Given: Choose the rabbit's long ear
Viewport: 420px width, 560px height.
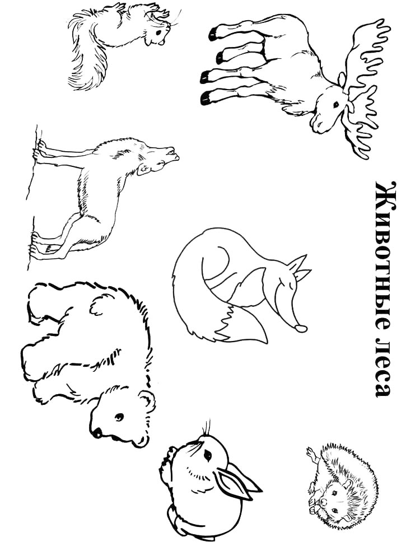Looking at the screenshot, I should pos(235,482).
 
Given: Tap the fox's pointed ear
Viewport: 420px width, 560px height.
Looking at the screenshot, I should pos(301,263).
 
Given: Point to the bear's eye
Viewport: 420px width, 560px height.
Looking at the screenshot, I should pos(119,417).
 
